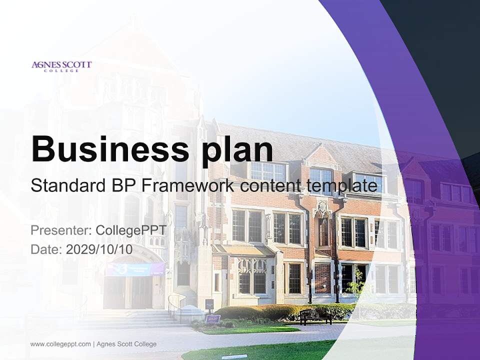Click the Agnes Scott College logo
point(61,66)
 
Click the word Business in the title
point(110,149)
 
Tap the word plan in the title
point(237,151)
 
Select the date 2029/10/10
point(99,249)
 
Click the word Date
point(46,249)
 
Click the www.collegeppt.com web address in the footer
point(60,344)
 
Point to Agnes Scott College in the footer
point(126,344)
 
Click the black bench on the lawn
point(315,316)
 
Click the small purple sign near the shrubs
point(213,318)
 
